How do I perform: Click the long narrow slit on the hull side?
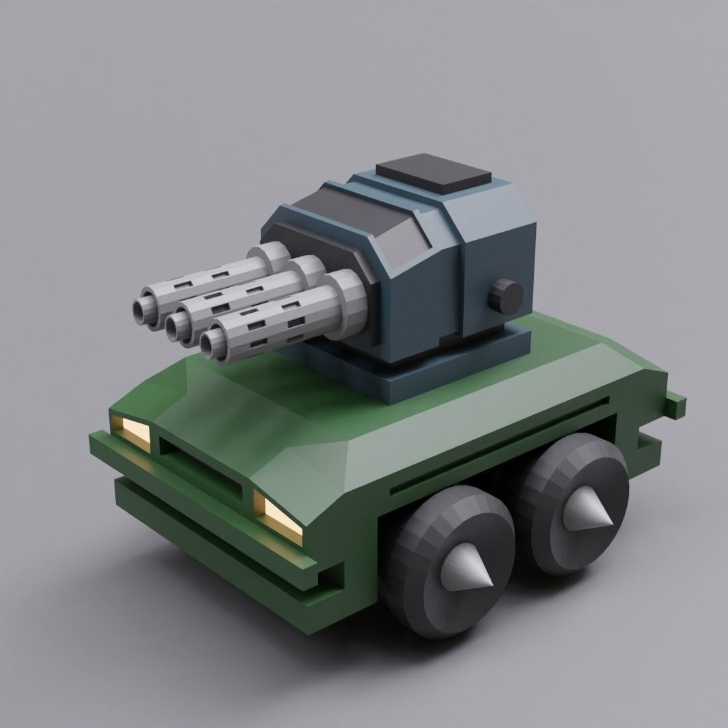click(x=499, y=445)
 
